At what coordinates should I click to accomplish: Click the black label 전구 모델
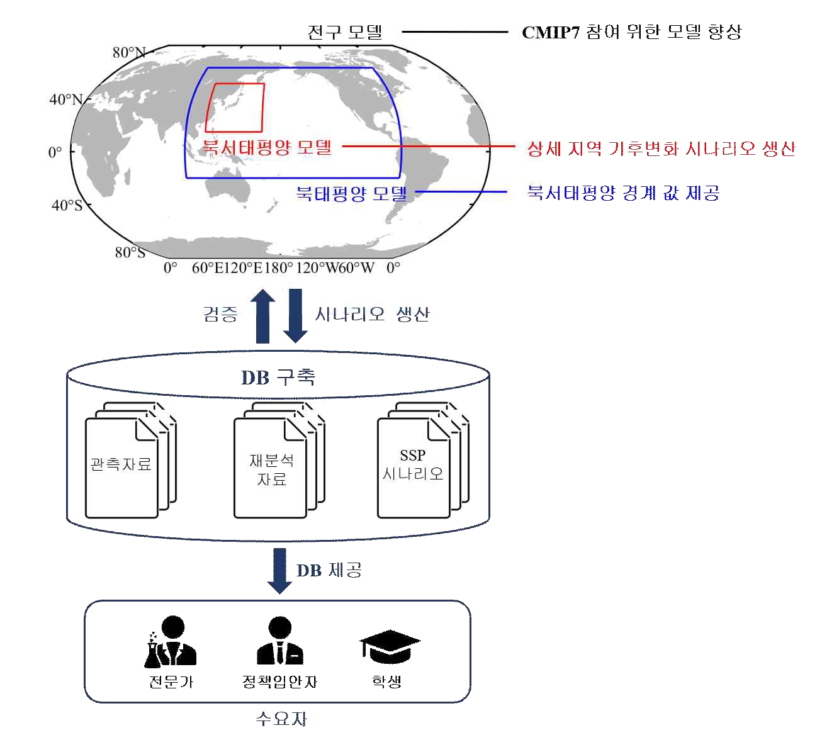pyautogui.click(x=345, y=32)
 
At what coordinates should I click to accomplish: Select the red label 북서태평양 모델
pyautogui.click(x=267, y=148)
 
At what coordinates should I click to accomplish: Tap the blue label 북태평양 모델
pyautogui.click(x=351, y=193)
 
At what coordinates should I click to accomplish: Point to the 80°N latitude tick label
pyautogui.click(x=128, y=53)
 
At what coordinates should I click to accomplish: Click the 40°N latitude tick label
pyautogui.click(x=65, y=99)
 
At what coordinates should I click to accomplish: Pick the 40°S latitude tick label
pyautogui.click(x=66, y=205)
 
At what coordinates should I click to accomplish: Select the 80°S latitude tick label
pyautogui.click(x=129, y=252)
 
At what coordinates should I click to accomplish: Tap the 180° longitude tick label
pyautogui.click(x=278, y=268)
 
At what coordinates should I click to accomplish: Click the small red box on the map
pyautogui.click(x=235, y=107)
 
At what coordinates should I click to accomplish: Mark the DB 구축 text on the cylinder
pyautogui.click(x=279, y=377)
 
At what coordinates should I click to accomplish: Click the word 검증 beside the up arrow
pyautogui.click(x=220, y=313)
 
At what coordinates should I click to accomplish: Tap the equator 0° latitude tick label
pyautogui.click(x=55, y=152)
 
